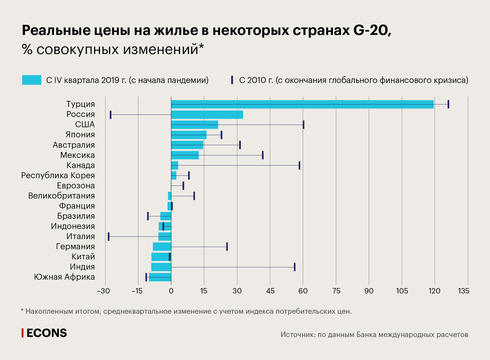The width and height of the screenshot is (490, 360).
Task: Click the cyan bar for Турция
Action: [x=302, y=104]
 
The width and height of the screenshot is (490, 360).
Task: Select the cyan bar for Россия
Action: [x=207, y=114]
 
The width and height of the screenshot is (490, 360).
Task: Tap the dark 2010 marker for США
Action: [x=303, y=124]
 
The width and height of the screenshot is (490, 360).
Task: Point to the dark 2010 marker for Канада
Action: [x=299, y=165]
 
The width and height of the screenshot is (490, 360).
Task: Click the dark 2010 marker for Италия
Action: [x=109, y=236]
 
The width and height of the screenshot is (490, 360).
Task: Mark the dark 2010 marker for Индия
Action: [x=294, y=267]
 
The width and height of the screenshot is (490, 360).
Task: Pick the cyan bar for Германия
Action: [x=162, y=247]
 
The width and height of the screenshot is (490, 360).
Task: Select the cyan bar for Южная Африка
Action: [x=160, y=277]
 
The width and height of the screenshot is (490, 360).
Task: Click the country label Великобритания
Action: [x=62, y=196]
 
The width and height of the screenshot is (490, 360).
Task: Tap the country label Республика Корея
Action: [x=58, y=176]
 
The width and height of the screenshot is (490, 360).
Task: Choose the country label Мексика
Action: [x=78, y=155]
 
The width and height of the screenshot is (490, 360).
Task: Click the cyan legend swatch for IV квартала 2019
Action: [x=32, y=80]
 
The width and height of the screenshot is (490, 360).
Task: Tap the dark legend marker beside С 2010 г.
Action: [x=232, y=80]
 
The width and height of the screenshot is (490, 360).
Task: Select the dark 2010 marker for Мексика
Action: [x=263, y=155]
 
